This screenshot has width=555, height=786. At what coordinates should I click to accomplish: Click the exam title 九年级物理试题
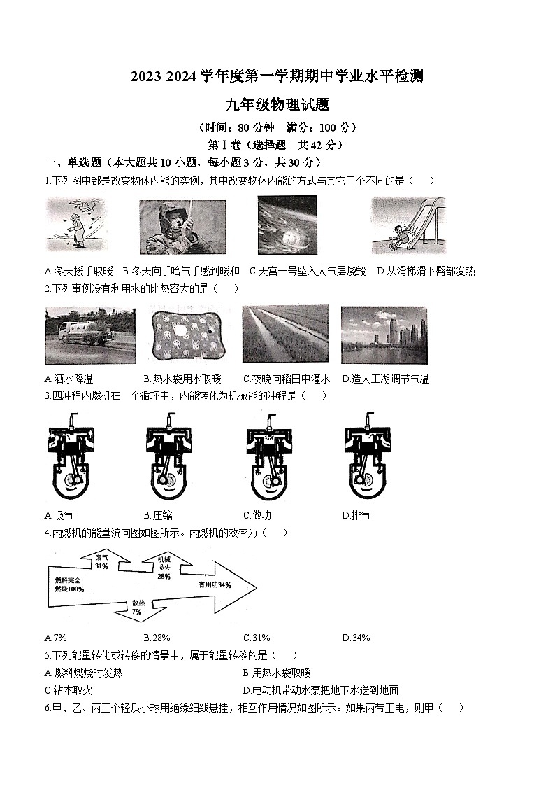pyautogui.click(x=277, y=105)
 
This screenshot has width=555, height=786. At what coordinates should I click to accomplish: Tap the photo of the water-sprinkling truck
pyautogui.click(x=79, y=334)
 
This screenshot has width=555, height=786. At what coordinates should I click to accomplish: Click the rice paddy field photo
pyautogui.click(x=285, y=335)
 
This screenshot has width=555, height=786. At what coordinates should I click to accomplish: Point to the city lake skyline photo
pyautogui.click(x=384, y=335)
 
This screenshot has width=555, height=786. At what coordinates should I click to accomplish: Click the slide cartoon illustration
pyautogui.click(x=408, y=225)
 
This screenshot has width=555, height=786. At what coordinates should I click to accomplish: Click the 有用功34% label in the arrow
pyautogui.click(x=214, y=584)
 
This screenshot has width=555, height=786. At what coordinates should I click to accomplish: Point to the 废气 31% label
pyautogui.click(x=102, y=561)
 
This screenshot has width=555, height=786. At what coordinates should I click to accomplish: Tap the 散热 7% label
pyautogui.click(x=136, y=607)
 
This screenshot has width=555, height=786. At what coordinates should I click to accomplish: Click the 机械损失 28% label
pyautogui.click(x=164, y=568)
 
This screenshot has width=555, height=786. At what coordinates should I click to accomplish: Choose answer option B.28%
pyautogui.click(x=157, y=638)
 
